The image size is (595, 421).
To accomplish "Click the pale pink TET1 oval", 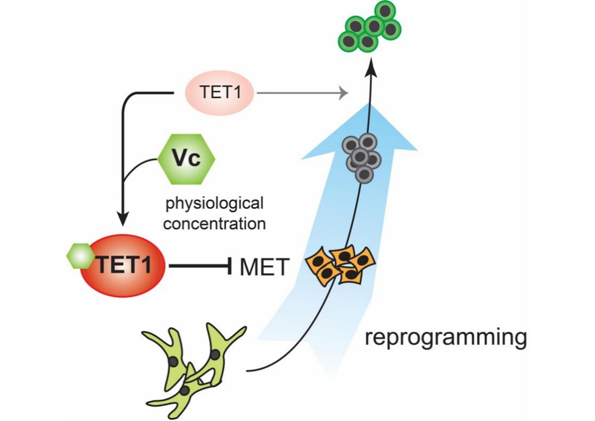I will [219, 93].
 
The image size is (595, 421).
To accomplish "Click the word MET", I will [265, 266].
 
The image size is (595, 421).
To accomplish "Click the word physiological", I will [215, 204].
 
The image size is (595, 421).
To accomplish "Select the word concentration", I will [214, 223].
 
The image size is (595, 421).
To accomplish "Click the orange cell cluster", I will [341, 265].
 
